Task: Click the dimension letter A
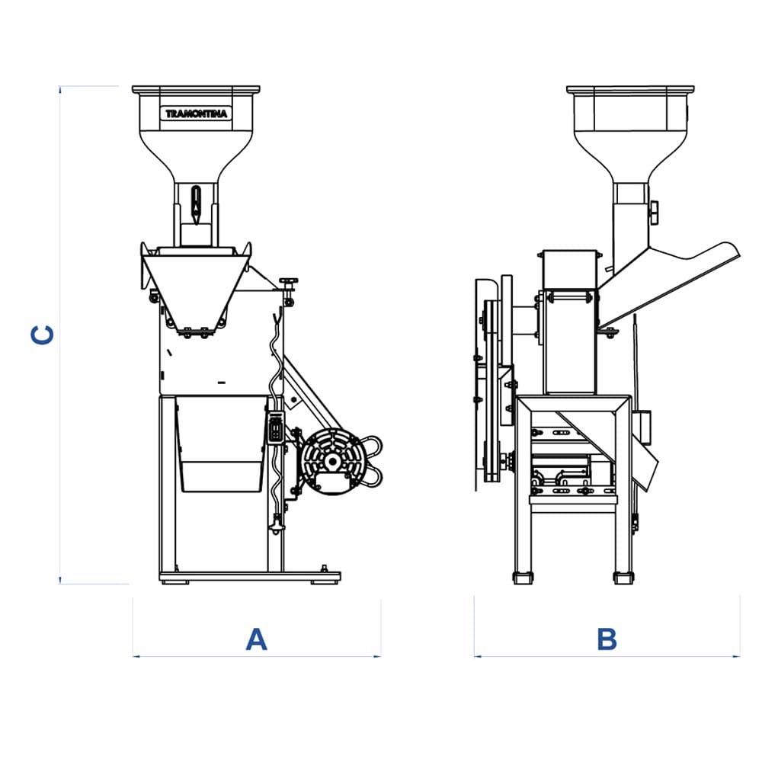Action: [257, 639]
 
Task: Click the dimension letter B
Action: [607, 639]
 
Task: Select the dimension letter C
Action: [43, 335]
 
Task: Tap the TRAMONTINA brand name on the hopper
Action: [196, 114]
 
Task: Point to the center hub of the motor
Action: [332, 461]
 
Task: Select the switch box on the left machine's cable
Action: [277, 427]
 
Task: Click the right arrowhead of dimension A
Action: [378, 655]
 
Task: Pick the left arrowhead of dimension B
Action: [476, 655]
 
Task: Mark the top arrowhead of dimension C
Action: [60, 88]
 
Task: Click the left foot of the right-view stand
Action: [523, 578]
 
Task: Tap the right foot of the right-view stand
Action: [623, 578]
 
